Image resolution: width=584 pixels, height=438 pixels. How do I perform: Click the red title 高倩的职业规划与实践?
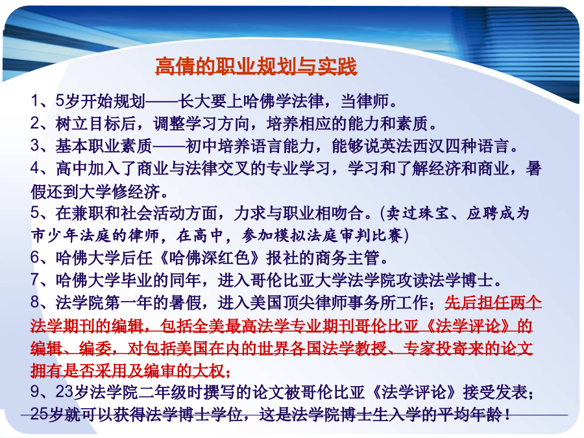[x=256, y=66]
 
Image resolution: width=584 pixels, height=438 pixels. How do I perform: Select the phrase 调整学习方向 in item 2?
[x=201, y=124]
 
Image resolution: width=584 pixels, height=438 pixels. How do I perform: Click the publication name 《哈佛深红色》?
[x=210, y=258]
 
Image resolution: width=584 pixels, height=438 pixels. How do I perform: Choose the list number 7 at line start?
[x=35, y=280]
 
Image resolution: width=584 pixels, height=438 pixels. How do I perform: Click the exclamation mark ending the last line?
[x=506, y=414]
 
